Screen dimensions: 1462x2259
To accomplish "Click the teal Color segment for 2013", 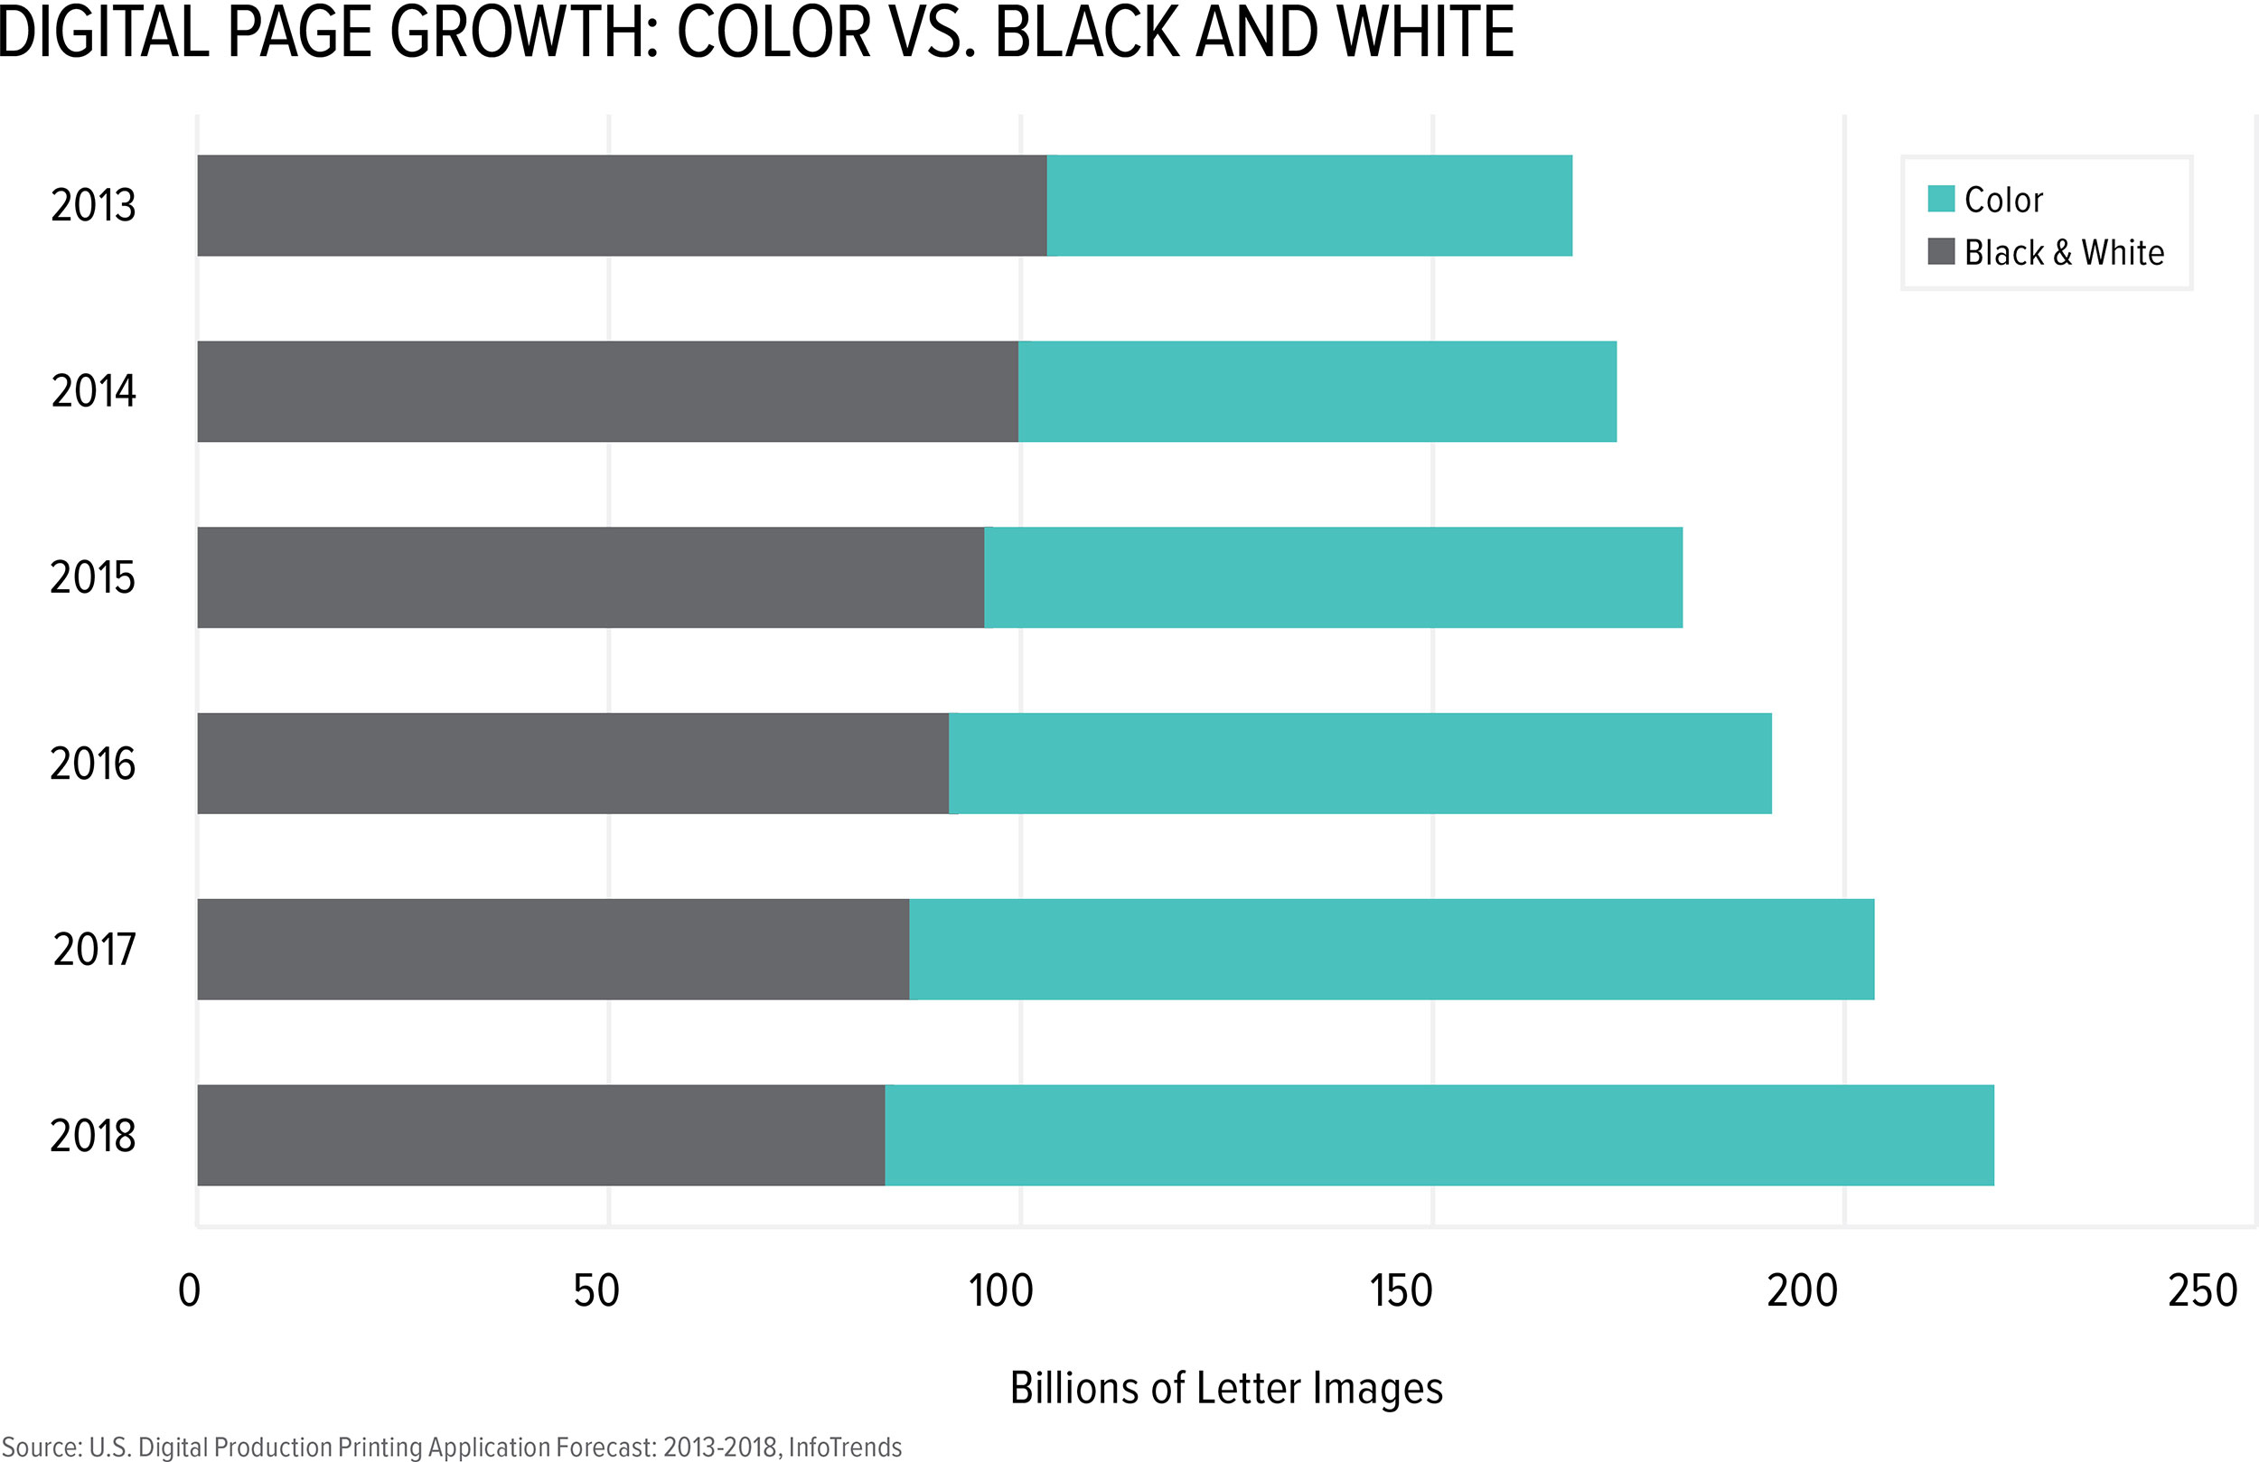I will (x=1309, y=205).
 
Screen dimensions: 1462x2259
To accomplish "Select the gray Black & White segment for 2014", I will (x=607, y=391).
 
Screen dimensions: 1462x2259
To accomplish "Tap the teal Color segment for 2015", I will (x=1333, y=577).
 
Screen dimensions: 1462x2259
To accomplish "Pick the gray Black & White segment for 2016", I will (x=572, y=764).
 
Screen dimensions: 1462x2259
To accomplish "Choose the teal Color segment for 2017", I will (x=1392, y=950).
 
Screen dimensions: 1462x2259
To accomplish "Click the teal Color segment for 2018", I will (x=1439, y=1136).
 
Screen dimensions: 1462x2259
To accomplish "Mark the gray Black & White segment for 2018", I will (x=541, y=1136).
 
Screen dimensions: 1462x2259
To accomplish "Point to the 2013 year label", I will (x=93, y=206).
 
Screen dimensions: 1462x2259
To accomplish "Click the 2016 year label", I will (x=93, y=764).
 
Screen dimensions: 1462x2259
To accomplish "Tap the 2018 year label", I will (x=93, y=1137).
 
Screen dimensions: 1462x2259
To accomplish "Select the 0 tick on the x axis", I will (x=190, y=1291).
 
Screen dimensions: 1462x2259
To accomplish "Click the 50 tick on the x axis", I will (x=596, y=1291).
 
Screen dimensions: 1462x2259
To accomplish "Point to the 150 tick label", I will (x=1401, y=1291).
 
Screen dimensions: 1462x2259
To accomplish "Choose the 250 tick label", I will (x=2203, y=1291).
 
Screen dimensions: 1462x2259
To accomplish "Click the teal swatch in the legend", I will (x=1941, y=200).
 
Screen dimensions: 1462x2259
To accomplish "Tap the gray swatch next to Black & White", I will (x=1941, y=251).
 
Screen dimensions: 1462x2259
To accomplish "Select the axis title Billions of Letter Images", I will (x=1225, y=1388).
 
